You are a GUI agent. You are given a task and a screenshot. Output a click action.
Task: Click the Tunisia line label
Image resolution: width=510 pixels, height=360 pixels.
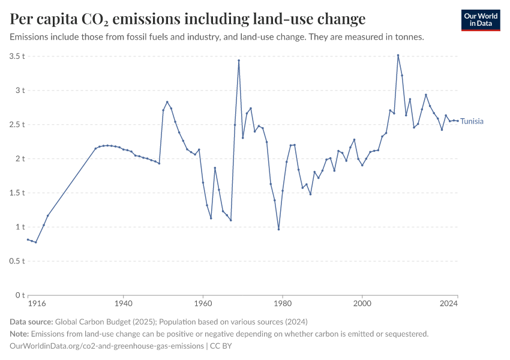(472, 121)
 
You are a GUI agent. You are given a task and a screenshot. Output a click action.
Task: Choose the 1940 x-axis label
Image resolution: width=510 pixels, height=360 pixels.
(123, 304)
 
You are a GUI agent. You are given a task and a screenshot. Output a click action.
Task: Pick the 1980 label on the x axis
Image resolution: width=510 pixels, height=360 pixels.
(283, 304)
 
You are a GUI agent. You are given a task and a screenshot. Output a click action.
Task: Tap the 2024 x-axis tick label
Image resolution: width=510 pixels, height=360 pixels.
(449, 304)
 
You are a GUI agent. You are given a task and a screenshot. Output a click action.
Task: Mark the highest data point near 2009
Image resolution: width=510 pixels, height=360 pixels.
(398, 55)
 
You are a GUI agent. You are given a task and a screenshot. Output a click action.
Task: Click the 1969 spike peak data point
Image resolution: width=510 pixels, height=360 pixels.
(239, 60)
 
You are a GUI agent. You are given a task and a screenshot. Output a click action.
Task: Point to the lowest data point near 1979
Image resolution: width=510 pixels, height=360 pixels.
(278, 229)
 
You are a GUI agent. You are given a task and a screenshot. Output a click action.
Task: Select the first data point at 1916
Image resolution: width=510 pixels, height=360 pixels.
(28, 239)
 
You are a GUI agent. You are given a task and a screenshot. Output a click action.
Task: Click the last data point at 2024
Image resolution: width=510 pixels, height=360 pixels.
(458, 121)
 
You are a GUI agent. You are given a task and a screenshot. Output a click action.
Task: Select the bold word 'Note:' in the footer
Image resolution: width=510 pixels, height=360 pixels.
(20, 334)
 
